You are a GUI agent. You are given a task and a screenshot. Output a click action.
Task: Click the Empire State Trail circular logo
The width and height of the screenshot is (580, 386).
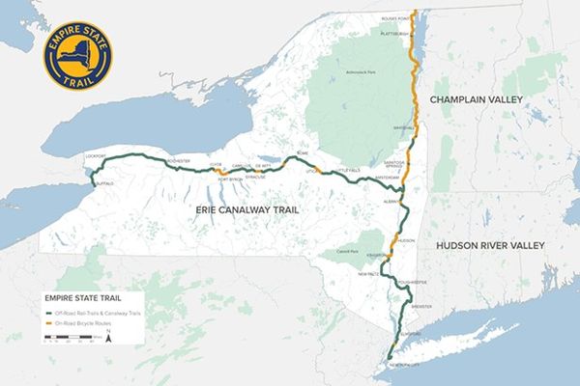[76, 56]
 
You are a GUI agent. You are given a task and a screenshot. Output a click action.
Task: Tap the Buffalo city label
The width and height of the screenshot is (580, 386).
[105, 182]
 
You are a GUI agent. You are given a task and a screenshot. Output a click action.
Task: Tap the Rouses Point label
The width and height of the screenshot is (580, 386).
[396, 17]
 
